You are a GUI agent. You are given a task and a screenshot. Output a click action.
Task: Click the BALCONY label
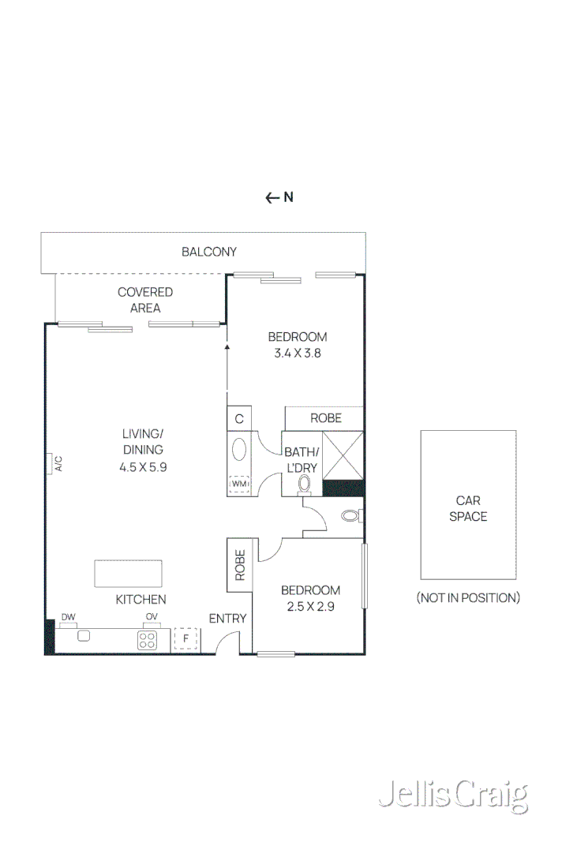pyautogui.click(x=209, y=253)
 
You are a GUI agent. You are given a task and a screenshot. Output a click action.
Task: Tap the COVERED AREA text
pyautogui.click(x=145, y=300)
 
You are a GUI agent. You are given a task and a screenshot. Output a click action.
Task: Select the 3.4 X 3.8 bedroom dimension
pyautogui.click(x=298, y=354)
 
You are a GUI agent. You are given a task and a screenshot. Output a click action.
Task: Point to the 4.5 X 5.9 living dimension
pyautogui.click(x=143, y=466)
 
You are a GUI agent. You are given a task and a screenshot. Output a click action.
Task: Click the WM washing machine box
pyautogui.click(x=238, y=484)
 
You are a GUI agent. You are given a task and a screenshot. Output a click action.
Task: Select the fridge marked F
pyautogui.click(x=185, y=638)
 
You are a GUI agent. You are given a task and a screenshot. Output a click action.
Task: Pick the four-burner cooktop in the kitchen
pyautogui.click(x=148, y=639)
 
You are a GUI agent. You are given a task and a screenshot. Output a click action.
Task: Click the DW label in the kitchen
pyautogui.click(x=68, y=617)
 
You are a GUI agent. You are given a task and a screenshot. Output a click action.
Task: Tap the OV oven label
pyautogui.click(x=152, y=617)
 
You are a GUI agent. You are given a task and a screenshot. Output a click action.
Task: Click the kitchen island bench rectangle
pyautogui.click(x=129, y=573)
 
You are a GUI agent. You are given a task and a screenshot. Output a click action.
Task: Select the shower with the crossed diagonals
pyautogui.click(x=343, y=455)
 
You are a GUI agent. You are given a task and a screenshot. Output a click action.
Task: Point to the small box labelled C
pyautogui.click(x=238, y=418)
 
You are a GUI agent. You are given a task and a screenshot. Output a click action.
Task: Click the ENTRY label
pyautogui.click(x=227, y=619)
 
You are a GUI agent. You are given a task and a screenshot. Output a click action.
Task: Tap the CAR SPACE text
pyautogui.click(x=468, y=508)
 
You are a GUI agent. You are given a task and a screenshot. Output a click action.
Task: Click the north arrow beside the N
pyautogui.click(x=272, y=198)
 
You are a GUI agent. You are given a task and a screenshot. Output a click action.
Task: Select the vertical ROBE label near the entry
pyautogui.click(x=238, y=565)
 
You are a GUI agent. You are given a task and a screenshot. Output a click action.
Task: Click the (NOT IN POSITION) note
pyautogui.click(x=468, y=598)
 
